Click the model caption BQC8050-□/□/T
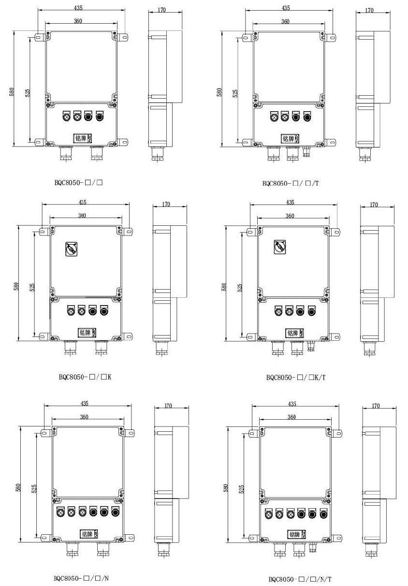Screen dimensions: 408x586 (291, 183)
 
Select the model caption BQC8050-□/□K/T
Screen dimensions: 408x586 (296, 377)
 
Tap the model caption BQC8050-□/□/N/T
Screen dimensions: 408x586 (300, 579)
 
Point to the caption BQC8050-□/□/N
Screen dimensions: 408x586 (81, 578)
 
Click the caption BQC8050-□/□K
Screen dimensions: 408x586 (85, 377)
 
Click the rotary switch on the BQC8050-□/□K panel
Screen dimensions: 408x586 (71, 249)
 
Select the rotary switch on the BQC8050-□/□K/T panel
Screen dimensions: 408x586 (279, 247)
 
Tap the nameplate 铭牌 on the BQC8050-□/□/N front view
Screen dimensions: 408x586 (89, 534)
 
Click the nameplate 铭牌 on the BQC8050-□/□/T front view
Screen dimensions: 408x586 (291, 138)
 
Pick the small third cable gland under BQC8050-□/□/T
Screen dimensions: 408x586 (306, 152)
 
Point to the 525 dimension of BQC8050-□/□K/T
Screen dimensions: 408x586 (240, 288)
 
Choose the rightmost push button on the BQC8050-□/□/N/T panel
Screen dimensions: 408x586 (323, 513)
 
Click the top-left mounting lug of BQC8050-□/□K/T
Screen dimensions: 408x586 (252, 232)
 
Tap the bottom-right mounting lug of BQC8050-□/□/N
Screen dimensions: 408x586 (129, 538)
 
